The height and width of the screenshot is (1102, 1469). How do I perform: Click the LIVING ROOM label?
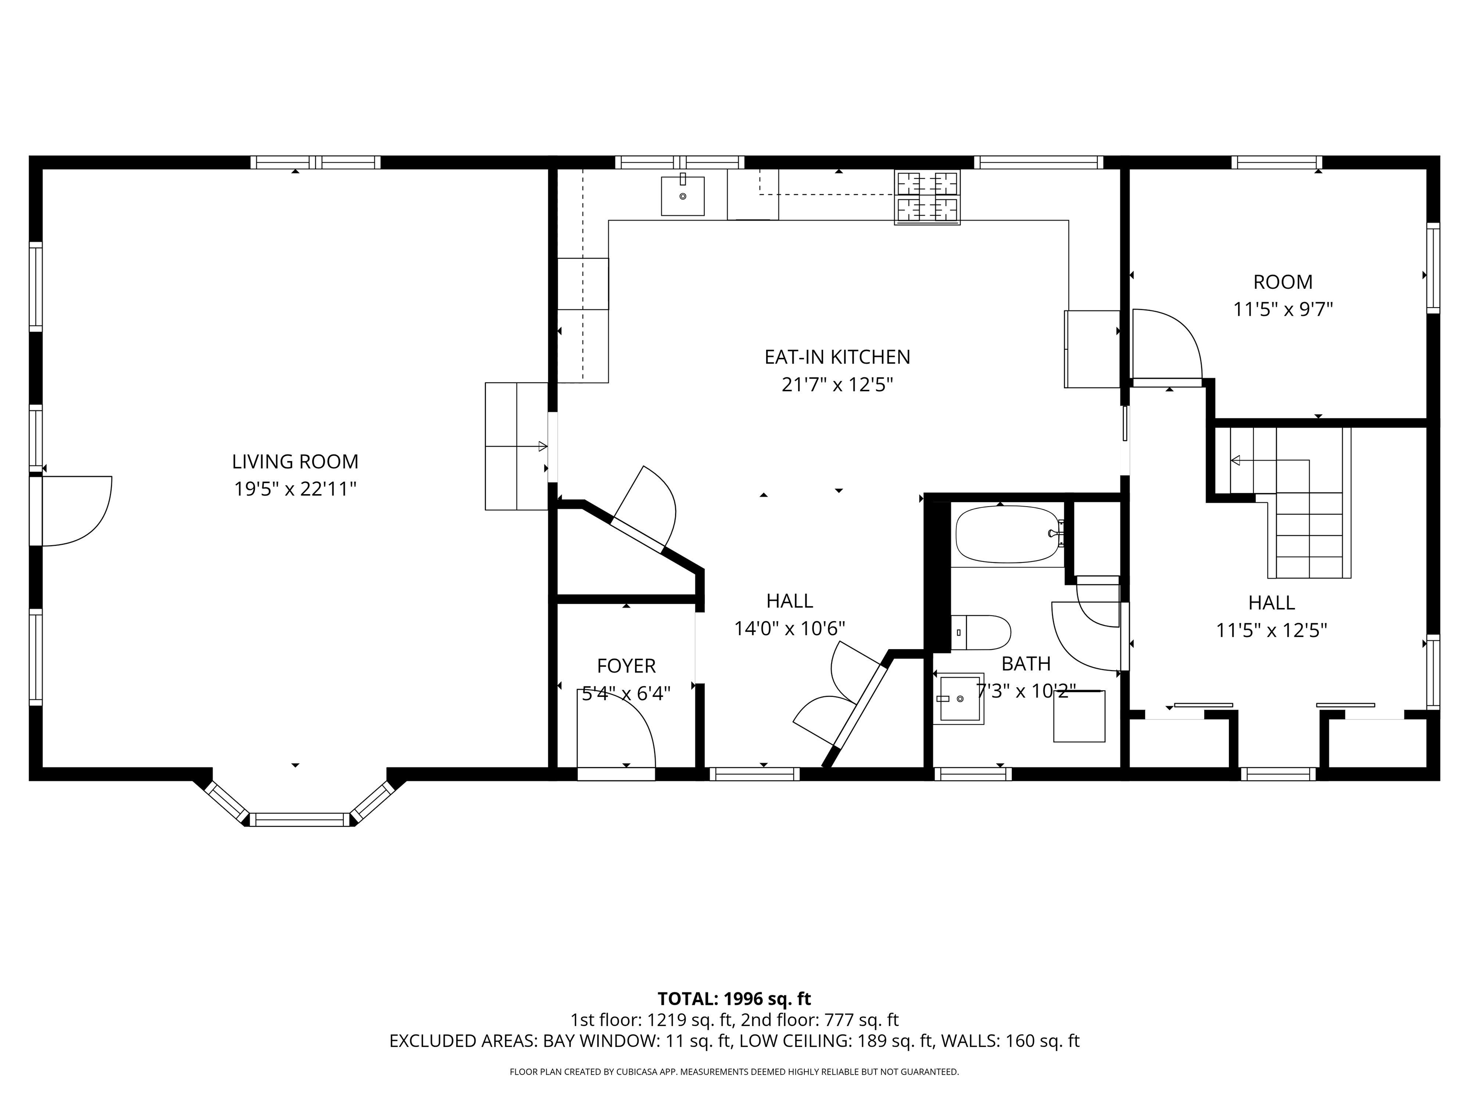coord(295,462)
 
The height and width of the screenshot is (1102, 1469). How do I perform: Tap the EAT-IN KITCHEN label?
coord(837,357)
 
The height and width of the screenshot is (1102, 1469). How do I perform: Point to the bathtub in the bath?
coord(1006,535)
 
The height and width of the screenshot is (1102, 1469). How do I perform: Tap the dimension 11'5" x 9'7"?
coord(1283,309)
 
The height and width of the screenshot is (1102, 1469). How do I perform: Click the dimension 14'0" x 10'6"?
coord(789,628)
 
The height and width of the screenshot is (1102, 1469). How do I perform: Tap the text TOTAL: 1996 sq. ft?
coord(734,999)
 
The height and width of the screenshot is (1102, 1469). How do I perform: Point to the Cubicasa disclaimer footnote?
coord(734,1071)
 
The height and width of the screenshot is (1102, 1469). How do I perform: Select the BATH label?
coord(1025,663)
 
